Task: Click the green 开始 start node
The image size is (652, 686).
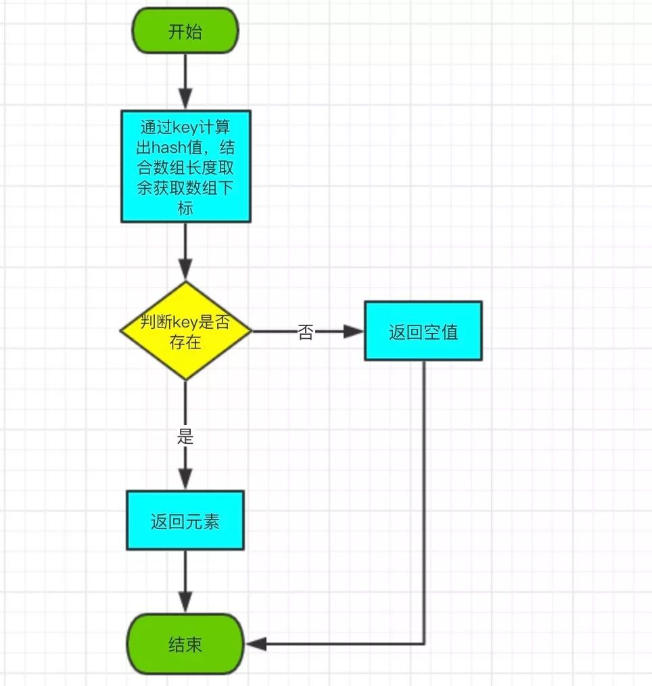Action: pyautogui.click(x=185, y=30)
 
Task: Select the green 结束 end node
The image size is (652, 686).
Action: pyautogui.click(x=185, y=643)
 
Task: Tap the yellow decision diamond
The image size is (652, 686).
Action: pyautogui.click(x=186, y=331)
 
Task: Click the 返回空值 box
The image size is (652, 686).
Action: pyautogui.click(x=423, y=331)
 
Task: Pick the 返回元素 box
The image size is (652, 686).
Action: pyautogui.click(x=185, y=520)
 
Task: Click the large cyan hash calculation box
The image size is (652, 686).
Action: pyautogui.click(x=186, y=166)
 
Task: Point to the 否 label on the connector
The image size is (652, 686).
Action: pyautogui.click(x=305, y=331)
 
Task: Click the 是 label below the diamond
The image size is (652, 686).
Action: pyautogui.click(x=185, y=436)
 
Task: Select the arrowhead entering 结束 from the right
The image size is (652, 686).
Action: pyautogui.click(x=256, y=643)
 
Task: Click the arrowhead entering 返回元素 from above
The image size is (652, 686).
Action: pyautogui.click(x=185, y=480)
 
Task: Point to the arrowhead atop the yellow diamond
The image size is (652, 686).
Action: pyautogui.click(x=185, y=269)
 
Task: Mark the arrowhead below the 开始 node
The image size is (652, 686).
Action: pyautogui.click(x=185, y=99)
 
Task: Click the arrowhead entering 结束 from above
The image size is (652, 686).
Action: pyautogui.click(x=185, y=603)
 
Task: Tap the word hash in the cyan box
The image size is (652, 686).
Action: pyautogui.click(x=169, y=147)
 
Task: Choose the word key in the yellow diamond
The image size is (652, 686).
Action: pyautogui.click(x=186, y=323)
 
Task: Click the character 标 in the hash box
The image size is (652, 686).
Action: pyautogui.click(x=185, y=208)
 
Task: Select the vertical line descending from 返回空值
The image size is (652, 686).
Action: pyautogui.click(x=424, y=502)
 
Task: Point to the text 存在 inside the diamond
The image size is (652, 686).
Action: pyautogui.click(x=185, y=342)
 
